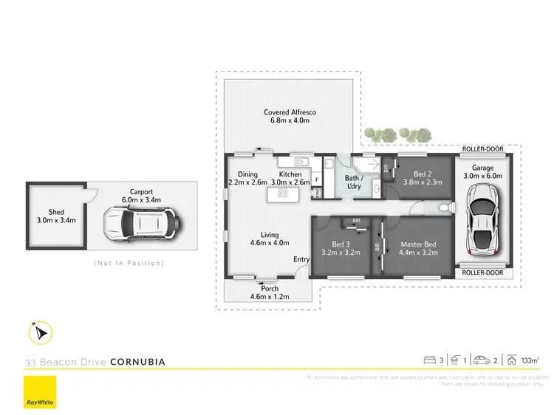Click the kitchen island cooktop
(x=281, y=193)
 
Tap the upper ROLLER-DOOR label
(x=482, y=149)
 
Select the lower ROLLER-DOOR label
(x=482, y=272)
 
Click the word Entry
(x=301, y=259)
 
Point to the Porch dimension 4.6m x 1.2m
(x=270, y=297)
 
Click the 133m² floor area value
(x=530, y=360)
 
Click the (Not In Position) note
(x=129, y=263)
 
